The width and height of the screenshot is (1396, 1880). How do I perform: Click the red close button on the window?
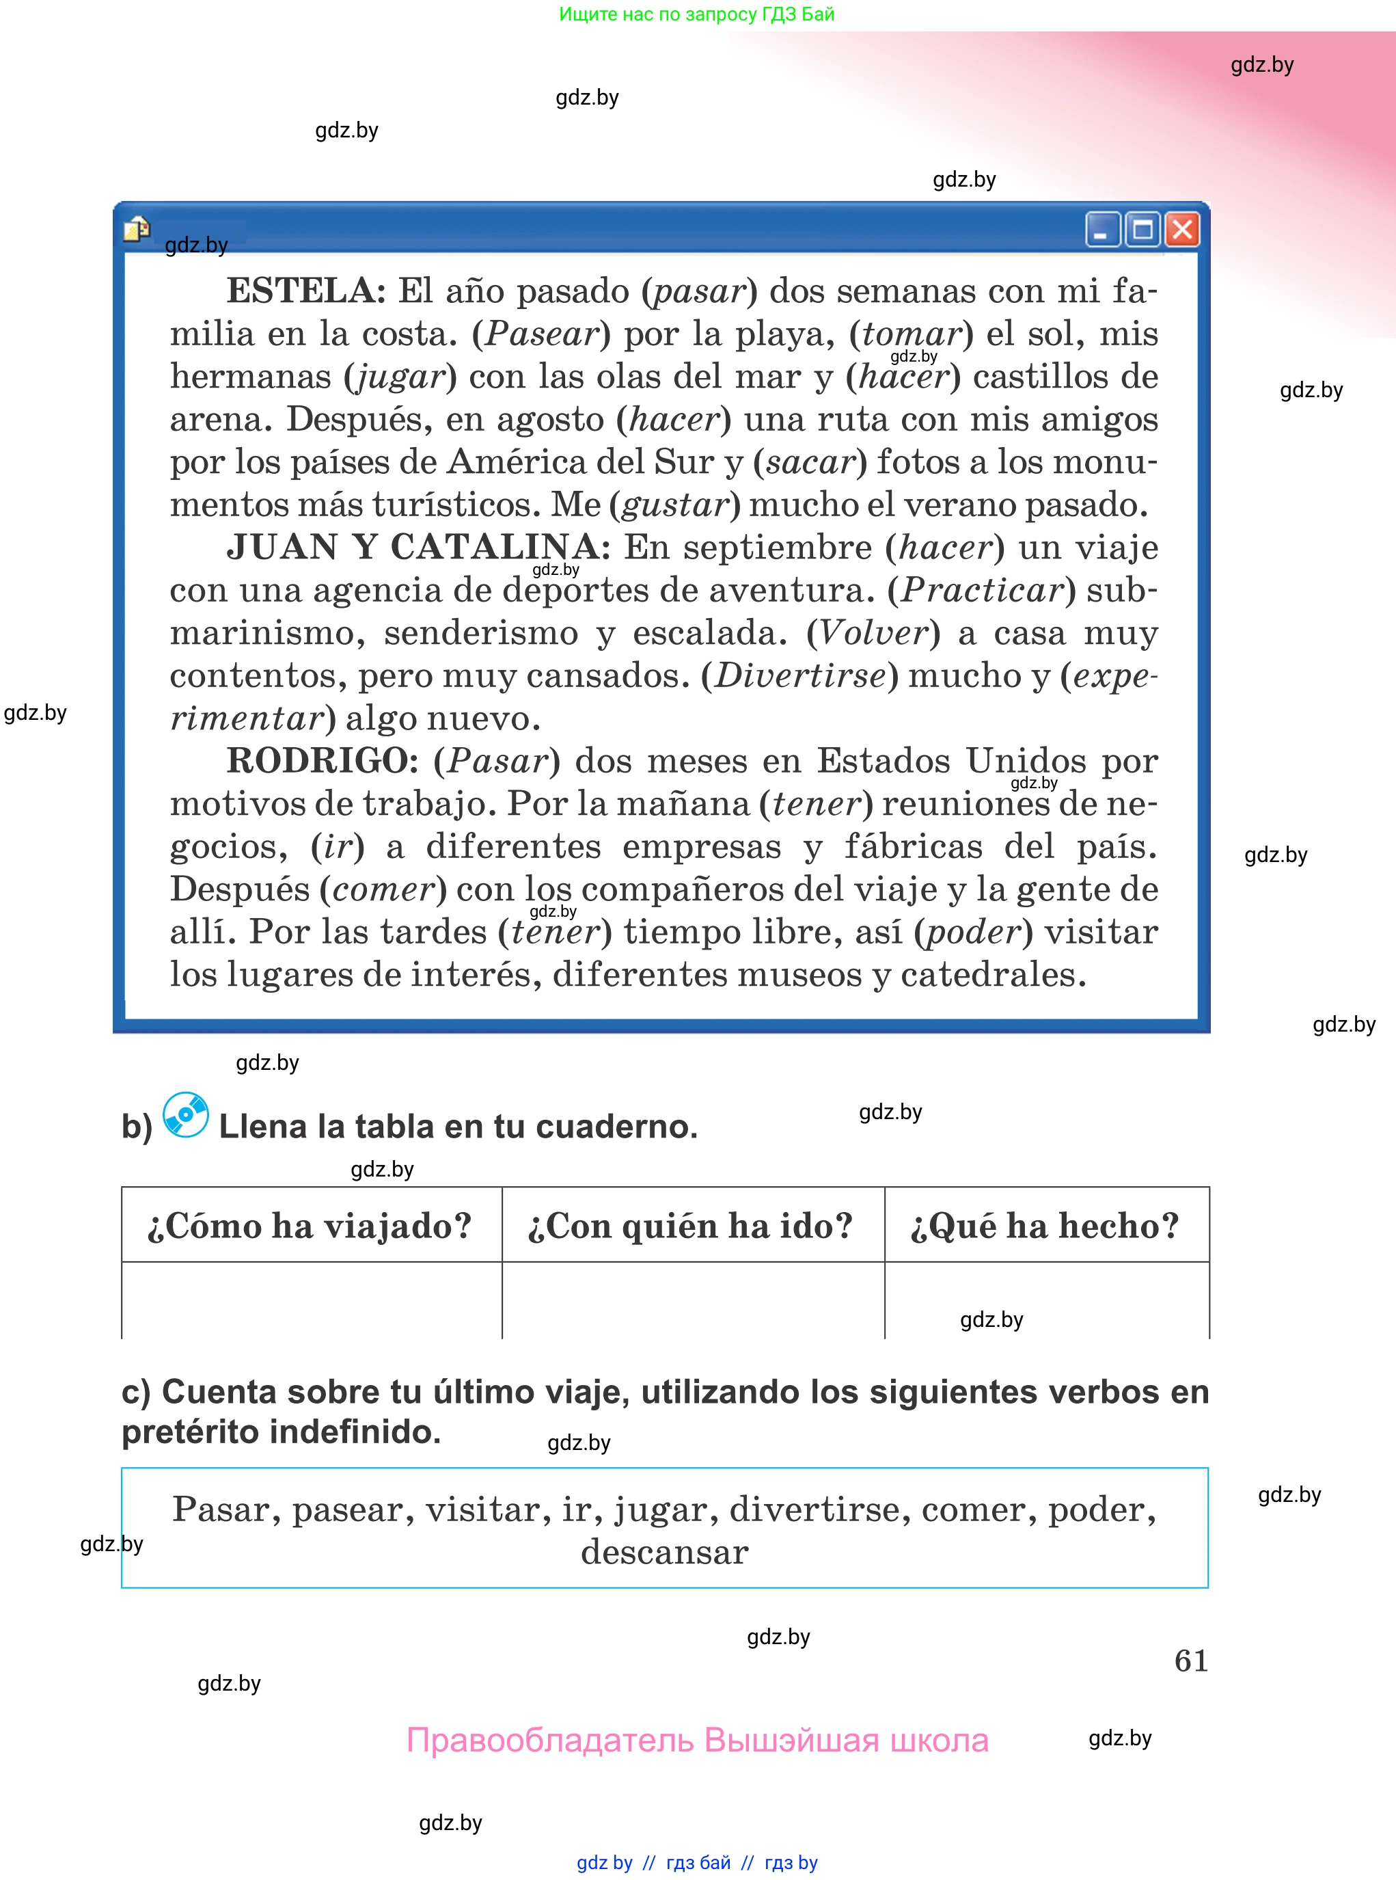[x=1181, y=229]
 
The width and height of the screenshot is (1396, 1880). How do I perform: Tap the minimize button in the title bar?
[x=1102, y=229]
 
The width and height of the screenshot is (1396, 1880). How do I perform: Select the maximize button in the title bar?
[x=1142, y=229]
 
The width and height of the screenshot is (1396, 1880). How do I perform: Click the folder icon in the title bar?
[x=137, y=228]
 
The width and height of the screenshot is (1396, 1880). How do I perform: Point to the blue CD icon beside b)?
[x=186, y=1115]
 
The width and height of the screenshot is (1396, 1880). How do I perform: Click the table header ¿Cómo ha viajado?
[x=310, y=1226]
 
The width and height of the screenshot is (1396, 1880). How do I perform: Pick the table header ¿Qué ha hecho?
[x=1045, y=1226]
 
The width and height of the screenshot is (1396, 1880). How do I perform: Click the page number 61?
[x=1190, y=1661]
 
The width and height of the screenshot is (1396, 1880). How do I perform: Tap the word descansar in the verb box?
[x=664, y=1552]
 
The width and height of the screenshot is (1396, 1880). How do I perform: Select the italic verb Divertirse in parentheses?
[x=799, y=675]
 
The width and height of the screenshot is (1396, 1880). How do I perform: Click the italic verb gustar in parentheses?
[x=674, y=505]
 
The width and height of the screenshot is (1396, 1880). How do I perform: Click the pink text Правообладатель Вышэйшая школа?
[x=697, y=1741]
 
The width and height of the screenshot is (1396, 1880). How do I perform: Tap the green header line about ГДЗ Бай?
[x=696, y=14]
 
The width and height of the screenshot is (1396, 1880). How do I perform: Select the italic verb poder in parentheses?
[x=974, y=932]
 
